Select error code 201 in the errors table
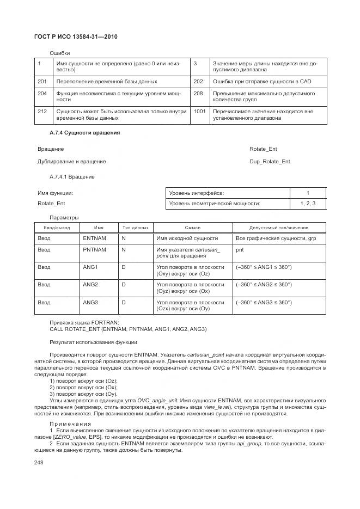pos(41,82)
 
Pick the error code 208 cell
pos(198,94)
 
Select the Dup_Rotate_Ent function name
pos(270,162)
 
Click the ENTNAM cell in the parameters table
pos(94,238)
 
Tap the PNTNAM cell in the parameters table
pos(94,249)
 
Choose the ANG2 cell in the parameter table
pos(90,284)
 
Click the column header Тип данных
pos(135,228)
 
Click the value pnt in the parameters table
pos(240,249)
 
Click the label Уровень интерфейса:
pos(196,193)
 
